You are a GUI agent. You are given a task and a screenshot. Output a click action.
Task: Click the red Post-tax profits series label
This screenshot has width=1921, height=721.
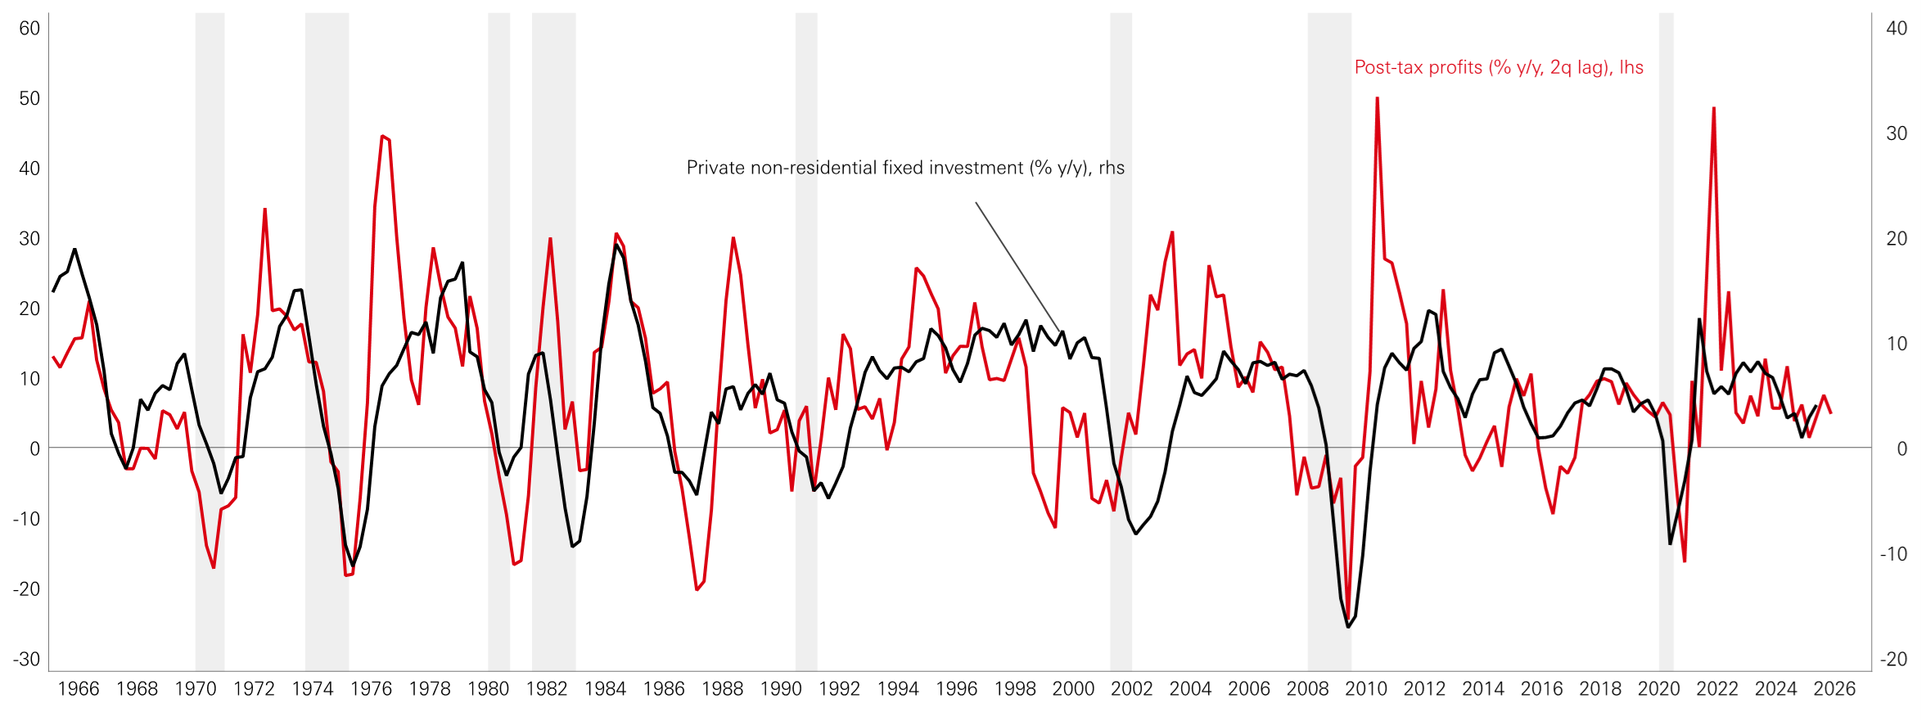click(x=1499, y=67)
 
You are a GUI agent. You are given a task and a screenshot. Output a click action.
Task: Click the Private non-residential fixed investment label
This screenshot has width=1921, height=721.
click(x=905, y=168)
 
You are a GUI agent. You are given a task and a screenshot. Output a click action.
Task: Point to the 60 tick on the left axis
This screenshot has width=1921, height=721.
click(x=29, y=29)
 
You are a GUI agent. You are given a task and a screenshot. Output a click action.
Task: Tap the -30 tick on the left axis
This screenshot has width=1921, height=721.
click(x=26, y=659)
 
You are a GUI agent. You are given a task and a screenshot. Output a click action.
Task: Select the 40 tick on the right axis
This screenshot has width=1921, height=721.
click(x=1896, y=29)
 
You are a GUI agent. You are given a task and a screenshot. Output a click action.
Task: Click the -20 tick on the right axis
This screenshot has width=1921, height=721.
click(x=1893, y=659)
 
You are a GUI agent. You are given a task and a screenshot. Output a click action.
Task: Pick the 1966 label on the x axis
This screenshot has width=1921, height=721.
click(x=79, y=689)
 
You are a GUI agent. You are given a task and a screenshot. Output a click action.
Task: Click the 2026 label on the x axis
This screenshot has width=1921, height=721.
click(x=1834, y=689)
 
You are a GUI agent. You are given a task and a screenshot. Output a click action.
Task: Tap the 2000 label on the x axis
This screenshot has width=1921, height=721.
click(x=1073, y=689)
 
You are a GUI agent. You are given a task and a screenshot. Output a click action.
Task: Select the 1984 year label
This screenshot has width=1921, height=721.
click(x=605, y=689)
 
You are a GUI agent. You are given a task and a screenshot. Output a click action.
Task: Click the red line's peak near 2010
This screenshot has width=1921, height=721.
click(x=1378, y=99)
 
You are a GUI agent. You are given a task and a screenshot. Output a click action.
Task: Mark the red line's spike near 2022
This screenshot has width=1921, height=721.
click(x=1714, y=109)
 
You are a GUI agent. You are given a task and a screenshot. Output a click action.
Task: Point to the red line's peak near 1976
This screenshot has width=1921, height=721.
click(x=382, y=137)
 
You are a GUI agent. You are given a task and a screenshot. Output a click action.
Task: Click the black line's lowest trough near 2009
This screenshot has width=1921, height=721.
click(x=1348, y=626)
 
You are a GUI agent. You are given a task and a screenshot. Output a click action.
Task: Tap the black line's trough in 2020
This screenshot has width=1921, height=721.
click(x=1671, y=543)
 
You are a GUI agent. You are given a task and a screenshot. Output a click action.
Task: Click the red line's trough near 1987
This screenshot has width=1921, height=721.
click(x=697, y=588)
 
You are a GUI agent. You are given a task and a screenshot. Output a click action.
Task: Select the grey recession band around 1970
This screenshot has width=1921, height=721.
click(x=210, y=327)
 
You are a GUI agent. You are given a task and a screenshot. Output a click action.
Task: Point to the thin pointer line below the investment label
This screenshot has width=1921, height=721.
click(x=1017, y=266)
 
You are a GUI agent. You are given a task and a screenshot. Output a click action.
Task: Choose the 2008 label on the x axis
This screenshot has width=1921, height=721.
click(x=1307, y=689)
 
